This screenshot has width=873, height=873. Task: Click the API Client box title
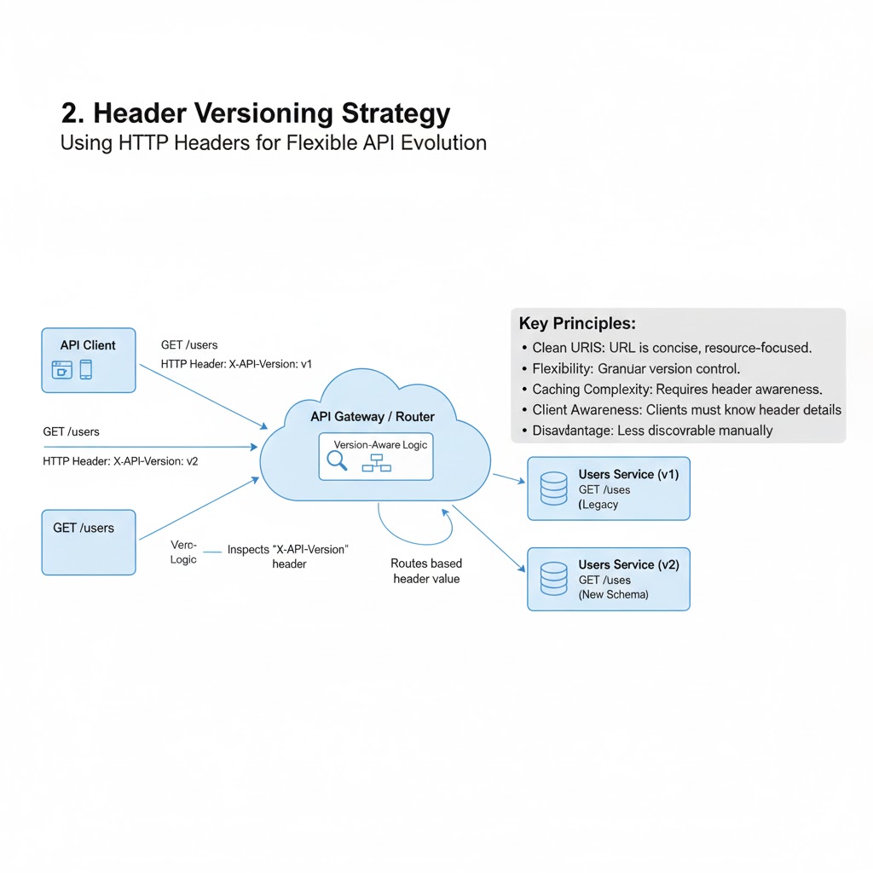point(88,345)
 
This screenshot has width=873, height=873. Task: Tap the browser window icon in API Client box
point(62,369)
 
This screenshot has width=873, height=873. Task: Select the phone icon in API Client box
point(86,369)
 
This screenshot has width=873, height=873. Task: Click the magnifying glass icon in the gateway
point(338,460)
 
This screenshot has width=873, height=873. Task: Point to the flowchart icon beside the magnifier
point(375,462)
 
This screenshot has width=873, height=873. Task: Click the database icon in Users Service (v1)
point(554,489)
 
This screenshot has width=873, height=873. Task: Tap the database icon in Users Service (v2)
point(554,579)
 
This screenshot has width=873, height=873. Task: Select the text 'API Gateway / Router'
point(373,417)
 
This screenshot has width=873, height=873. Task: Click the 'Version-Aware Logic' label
point(380,445)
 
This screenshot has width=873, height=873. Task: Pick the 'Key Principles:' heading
point(577,324)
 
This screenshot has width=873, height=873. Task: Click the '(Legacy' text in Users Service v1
point(598,505)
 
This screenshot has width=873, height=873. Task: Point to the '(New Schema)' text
point(613,594)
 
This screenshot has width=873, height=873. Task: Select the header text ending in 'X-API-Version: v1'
point(236,364)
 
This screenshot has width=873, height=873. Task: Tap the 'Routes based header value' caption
point(425,571)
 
